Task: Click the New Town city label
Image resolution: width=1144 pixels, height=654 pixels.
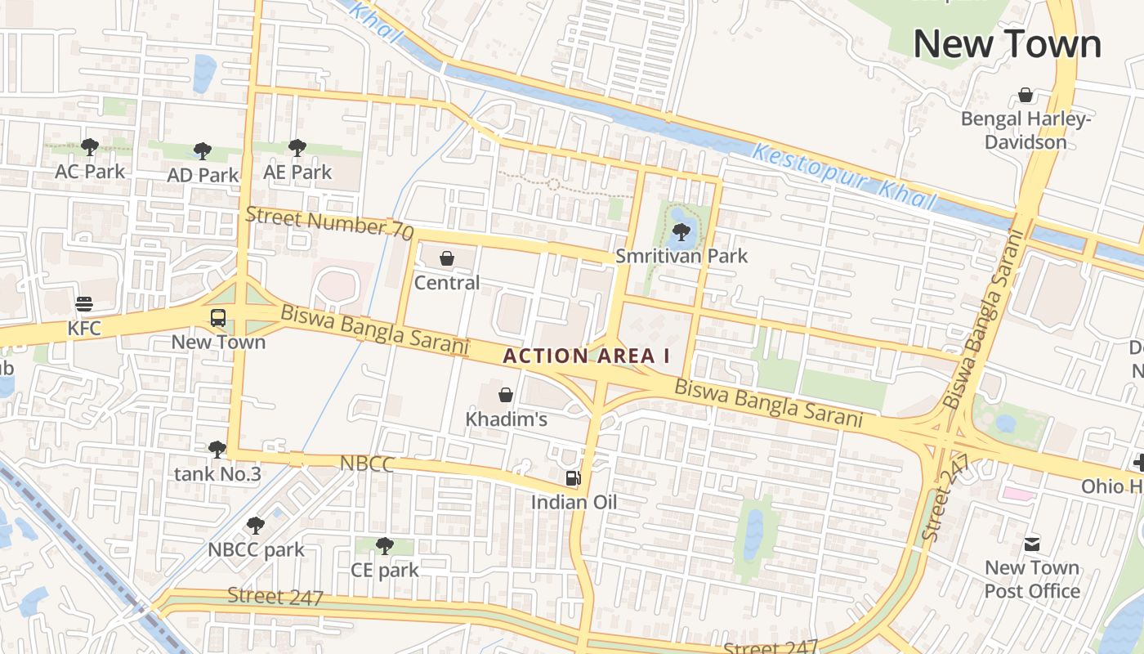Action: [1007, 44]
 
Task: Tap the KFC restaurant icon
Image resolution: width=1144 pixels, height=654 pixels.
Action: [84, 304]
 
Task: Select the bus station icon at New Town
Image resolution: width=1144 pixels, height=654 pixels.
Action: [218, 317]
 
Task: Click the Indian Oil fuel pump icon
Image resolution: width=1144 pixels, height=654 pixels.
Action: [574, 478]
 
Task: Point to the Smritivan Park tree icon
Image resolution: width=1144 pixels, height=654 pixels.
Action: [681, 231]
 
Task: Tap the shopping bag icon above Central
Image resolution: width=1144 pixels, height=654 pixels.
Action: [447, 259]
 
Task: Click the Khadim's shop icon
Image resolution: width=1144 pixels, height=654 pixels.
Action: [506, 395]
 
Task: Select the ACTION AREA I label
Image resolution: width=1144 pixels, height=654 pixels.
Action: [586, 356]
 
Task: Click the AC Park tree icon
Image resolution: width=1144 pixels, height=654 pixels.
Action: [90, 147]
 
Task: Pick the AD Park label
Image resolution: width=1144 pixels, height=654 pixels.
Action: [203, 175]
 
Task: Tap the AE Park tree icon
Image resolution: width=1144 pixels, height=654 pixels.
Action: [297, 148]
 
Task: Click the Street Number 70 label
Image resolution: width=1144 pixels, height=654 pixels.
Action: [329, 222]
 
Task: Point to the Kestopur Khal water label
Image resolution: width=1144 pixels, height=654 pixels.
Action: [844, 177]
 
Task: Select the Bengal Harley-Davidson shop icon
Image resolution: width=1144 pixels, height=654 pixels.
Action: [1026, 96]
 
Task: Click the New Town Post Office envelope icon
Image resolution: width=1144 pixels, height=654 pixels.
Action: [1032, 544]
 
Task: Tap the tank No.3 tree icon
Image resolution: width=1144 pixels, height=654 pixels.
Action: [217, 449]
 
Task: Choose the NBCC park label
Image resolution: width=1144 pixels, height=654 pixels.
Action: [256, 549]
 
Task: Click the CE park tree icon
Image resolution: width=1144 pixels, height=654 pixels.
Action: [384, 545]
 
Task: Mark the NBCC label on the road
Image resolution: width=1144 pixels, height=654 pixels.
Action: [367, 464]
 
